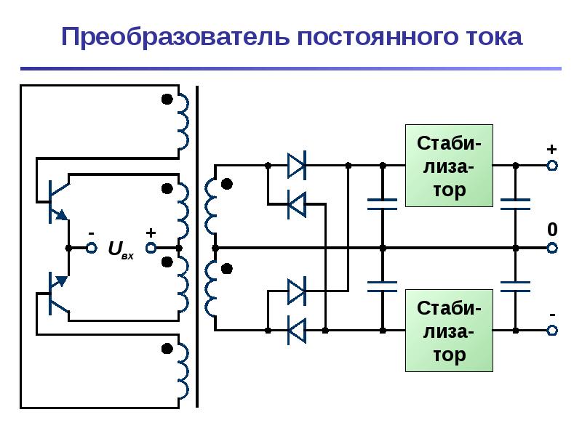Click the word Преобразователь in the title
175,37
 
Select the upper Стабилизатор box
449,166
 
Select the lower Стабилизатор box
449,331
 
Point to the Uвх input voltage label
121,249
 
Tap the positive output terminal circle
552,166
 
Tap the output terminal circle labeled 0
552,248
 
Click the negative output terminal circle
552,331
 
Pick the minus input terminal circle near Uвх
92,248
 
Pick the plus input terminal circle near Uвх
151,248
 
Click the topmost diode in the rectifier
297,166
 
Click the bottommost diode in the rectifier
297,331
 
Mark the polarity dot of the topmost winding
167,100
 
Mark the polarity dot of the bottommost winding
167,349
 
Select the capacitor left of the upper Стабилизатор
383,204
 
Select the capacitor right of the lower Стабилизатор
515,286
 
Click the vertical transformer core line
197,247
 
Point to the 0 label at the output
552,230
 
